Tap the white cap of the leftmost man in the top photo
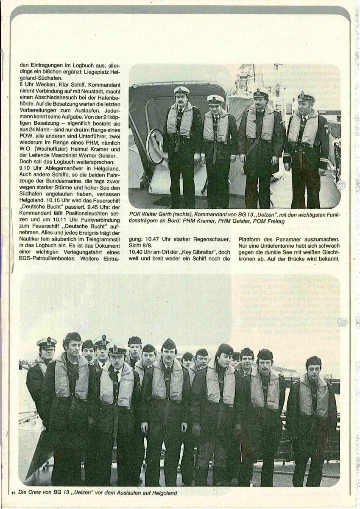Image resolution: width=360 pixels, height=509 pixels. tap(181, 90)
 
